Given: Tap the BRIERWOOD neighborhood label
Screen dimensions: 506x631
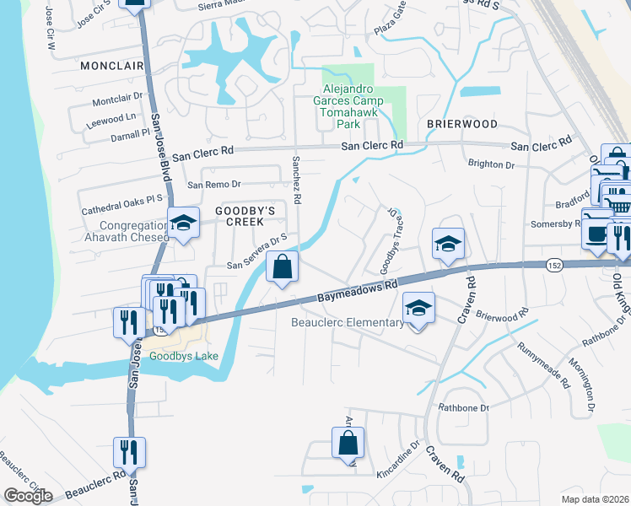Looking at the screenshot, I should [x=461, y=123].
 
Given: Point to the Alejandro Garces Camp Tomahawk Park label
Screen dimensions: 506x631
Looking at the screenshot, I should [x=353, y=106].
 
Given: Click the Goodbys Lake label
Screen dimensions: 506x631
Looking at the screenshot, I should [x=184, y=356].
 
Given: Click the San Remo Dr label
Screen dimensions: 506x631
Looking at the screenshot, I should [x=214, y=184].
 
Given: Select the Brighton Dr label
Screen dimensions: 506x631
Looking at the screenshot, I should [x=491, y=165].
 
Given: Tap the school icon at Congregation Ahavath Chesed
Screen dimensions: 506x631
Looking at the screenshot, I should [x=183, y=223].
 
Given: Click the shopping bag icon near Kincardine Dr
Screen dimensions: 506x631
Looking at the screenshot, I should [x=348, y=443].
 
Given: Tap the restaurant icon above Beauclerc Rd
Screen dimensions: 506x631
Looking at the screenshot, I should [x=130, y=453].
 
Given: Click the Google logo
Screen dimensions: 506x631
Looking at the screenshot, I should [x=28, y=496].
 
